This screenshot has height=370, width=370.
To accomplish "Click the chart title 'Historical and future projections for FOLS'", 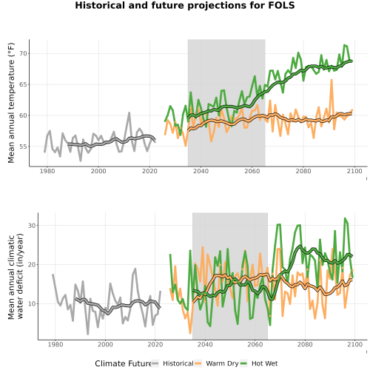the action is click(x=185, y=5).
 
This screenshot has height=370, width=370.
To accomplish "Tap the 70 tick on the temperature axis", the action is click(x=23, y=53).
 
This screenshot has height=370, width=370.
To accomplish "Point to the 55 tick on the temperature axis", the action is click(x=23, y=147).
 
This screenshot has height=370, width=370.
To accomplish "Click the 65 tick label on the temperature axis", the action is click(x=23, y=84).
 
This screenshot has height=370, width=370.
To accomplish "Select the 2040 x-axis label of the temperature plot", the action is click(x=201, y=171).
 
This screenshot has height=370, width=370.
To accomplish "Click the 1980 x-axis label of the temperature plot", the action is click(x=47, y=171).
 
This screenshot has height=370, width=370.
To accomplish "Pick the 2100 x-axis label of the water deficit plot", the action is click(x=354, y=344).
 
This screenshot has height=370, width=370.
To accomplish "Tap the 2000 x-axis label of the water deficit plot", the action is click(x=105, y=344).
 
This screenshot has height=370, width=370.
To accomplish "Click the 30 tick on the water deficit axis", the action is click(x=32, y=226).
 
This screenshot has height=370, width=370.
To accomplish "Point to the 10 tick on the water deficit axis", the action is click(x=32, y=303).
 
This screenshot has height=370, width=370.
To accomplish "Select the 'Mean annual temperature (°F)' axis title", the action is click(x=11, y=103).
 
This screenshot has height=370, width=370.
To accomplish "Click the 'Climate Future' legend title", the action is click(x=123, y=363).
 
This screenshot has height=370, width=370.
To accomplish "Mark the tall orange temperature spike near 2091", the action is click(x=332, y=80).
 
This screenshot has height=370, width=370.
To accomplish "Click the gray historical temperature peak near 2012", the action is click(x=129, y=112).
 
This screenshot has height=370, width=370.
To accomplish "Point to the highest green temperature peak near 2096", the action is click(x=345, y=45).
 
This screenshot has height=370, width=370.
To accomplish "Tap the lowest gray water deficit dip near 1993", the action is click(x=87, y=334).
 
